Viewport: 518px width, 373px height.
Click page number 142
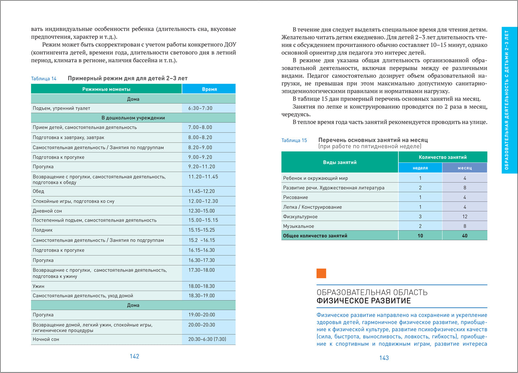click(x=135, y=356)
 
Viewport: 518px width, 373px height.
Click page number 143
click(x=384, y=358)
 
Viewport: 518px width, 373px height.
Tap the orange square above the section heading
click(x=321, y=273)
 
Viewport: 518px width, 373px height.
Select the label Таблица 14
click(x=44, y=79)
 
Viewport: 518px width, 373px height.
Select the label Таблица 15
click(x=294, y=140)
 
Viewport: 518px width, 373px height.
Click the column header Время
click(x=209, y=89)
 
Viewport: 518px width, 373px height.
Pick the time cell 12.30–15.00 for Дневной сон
click(x=201, y=211)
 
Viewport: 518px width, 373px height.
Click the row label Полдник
click(x=43, y=230)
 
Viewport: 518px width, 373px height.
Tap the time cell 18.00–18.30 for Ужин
click(x=201, y=286)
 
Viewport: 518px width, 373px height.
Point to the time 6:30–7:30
click(x=200, y=108)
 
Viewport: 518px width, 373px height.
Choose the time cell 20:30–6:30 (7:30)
click(x=207, y=339)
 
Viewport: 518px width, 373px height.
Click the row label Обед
click(x=38, y=191)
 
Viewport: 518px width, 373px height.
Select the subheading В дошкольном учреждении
click(x=133, y=118)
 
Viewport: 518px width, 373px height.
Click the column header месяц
click(x=464, y=168)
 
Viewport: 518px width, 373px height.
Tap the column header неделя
click(x=420, y=168)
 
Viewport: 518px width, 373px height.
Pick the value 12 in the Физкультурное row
click(x=464, y=216)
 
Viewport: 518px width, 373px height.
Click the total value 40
click(x=464, y=236)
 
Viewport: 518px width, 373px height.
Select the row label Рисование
click(x=295, y=197)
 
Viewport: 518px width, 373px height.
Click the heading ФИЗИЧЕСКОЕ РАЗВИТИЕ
click(x=363, y=301)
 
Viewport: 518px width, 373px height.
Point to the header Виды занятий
click(x=339, y=162)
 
